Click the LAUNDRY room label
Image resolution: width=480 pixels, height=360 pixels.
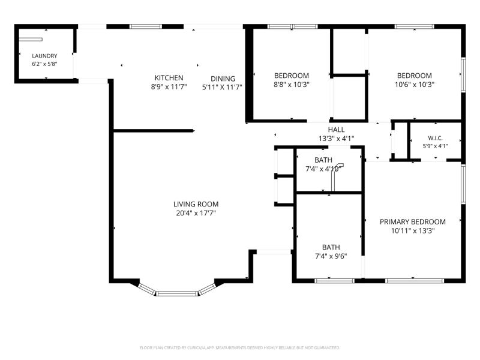pyautogui.click(x=44, y=56)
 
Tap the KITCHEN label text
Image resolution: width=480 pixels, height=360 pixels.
pyautogui.click(x=169, y=78)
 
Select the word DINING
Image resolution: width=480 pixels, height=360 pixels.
pyautogui.click(x=223, y=79)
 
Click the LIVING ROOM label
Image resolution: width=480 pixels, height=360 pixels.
pyautogui.click(x=196, y=204)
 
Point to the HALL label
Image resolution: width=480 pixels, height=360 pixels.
pyautogui.click(x=336, y=130)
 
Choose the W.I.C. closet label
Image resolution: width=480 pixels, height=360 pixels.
pyautogui.click(x=435, y=138)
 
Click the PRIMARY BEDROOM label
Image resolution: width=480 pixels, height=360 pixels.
pyautogui.click(x=413, y=221)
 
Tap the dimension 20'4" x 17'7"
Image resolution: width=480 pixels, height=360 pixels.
pyautogui.click(x=196, y=213)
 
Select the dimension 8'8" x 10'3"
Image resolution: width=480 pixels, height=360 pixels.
pyautogui.click(x=292, y=84)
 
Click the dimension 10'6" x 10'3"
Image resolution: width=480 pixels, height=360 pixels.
pyautogui.click(x=415, y=84)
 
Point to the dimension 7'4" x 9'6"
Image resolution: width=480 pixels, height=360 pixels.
pyautogui.click(x=331, y=256)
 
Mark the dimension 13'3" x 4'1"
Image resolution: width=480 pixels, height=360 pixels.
pyautogui.click(x=336, y=139)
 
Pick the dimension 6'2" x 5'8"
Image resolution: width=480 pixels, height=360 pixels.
pyautogui.click(x=44, y=64)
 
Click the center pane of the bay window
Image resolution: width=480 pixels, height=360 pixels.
pyautogui.click(x=177, y=293)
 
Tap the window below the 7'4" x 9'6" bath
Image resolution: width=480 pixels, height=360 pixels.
pyautogui.click(x=334, y=281)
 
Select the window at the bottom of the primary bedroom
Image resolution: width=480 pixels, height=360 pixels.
pyautogui.click(x=415, y=281)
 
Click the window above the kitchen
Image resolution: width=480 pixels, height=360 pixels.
pyautogui.click(x=145, y=26)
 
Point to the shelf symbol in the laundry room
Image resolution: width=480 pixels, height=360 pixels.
pyautogui.click(x=31, y=39)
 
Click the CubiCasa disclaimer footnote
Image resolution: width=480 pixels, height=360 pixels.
pyautogui.click(x=239, y=348)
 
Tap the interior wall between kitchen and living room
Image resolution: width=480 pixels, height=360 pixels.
pyautogui.click(x=154, y=131)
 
